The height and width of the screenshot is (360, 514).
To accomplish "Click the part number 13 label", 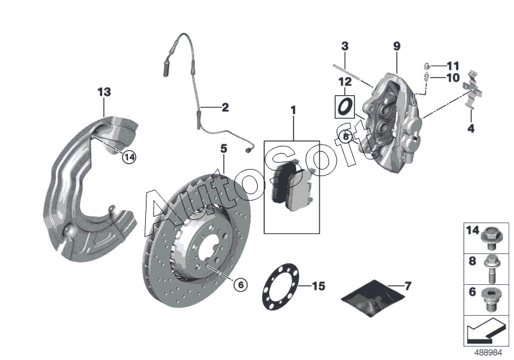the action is click(x=104, y=92).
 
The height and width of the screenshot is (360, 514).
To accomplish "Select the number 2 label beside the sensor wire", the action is click(x=225, y=107).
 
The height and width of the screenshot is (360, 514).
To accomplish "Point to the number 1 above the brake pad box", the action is click(x=293, y=111).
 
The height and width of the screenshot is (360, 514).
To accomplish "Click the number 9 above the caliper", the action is click(x=396, y=46).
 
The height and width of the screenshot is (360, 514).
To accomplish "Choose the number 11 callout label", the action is click(x=454, y=66).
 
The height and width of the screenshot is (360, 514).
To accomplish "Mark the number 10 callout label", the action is click(x=454, y=78).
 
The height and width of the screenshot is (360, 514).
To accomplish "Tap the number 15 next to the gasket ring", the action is click(x=317, y=285).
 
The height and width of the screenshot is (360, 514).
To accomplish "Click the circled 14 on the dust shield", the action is click(x=129, y=156).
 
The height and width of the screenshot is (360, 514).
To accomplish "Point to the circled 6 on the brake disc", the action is click(x=239, y=283).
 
